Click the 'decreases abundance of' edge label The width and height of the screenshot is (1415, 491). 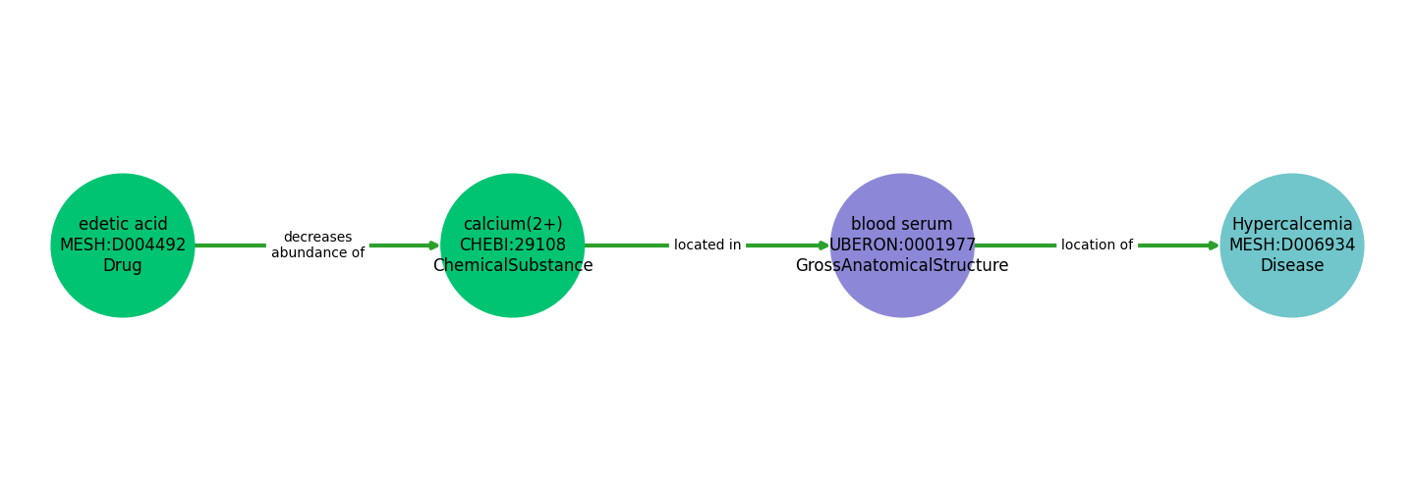[317, 245]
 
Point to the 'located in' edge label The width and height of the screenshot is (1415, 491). [707, 245]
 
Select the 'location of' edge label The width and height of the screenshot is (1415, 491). [1097, 245]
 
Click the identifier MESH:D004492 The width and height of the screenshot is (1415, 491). [123, 245]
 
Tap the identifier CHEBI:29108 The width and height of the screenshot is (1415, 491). [512, 245]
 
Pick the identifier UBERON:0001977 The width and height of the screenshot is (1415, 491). [902, 245]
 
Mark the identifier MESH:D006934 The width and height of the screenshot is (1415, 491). [1291, 245]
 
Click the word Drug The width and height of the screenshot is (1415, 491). [123, 266]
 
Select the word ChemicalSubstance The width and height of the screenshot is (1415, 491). [512, 266]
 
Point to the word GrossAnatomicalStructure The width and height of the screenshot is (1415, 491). [902, 266]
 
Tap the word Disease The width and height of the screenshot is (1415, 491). [1291, 266]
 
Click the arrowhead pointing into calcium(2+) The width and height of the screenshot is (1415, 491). [433, 245]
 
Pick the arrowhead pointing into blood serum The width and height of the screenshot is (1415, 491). [823, 245]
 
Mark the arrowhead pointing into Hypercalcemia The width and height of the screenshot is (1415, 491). [1213, 245]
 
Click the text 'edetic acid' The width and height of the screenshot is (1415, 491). [123, 225]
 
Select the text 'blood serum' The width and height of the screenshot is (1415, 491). [902, 225]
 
